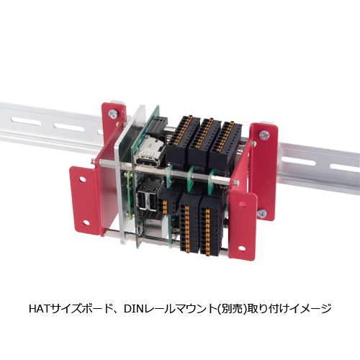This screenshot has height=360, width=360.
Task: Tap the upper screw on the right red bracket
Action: click(263, 134)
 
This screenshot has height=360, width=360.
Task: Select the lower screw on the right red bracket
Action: click(262, 212)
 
